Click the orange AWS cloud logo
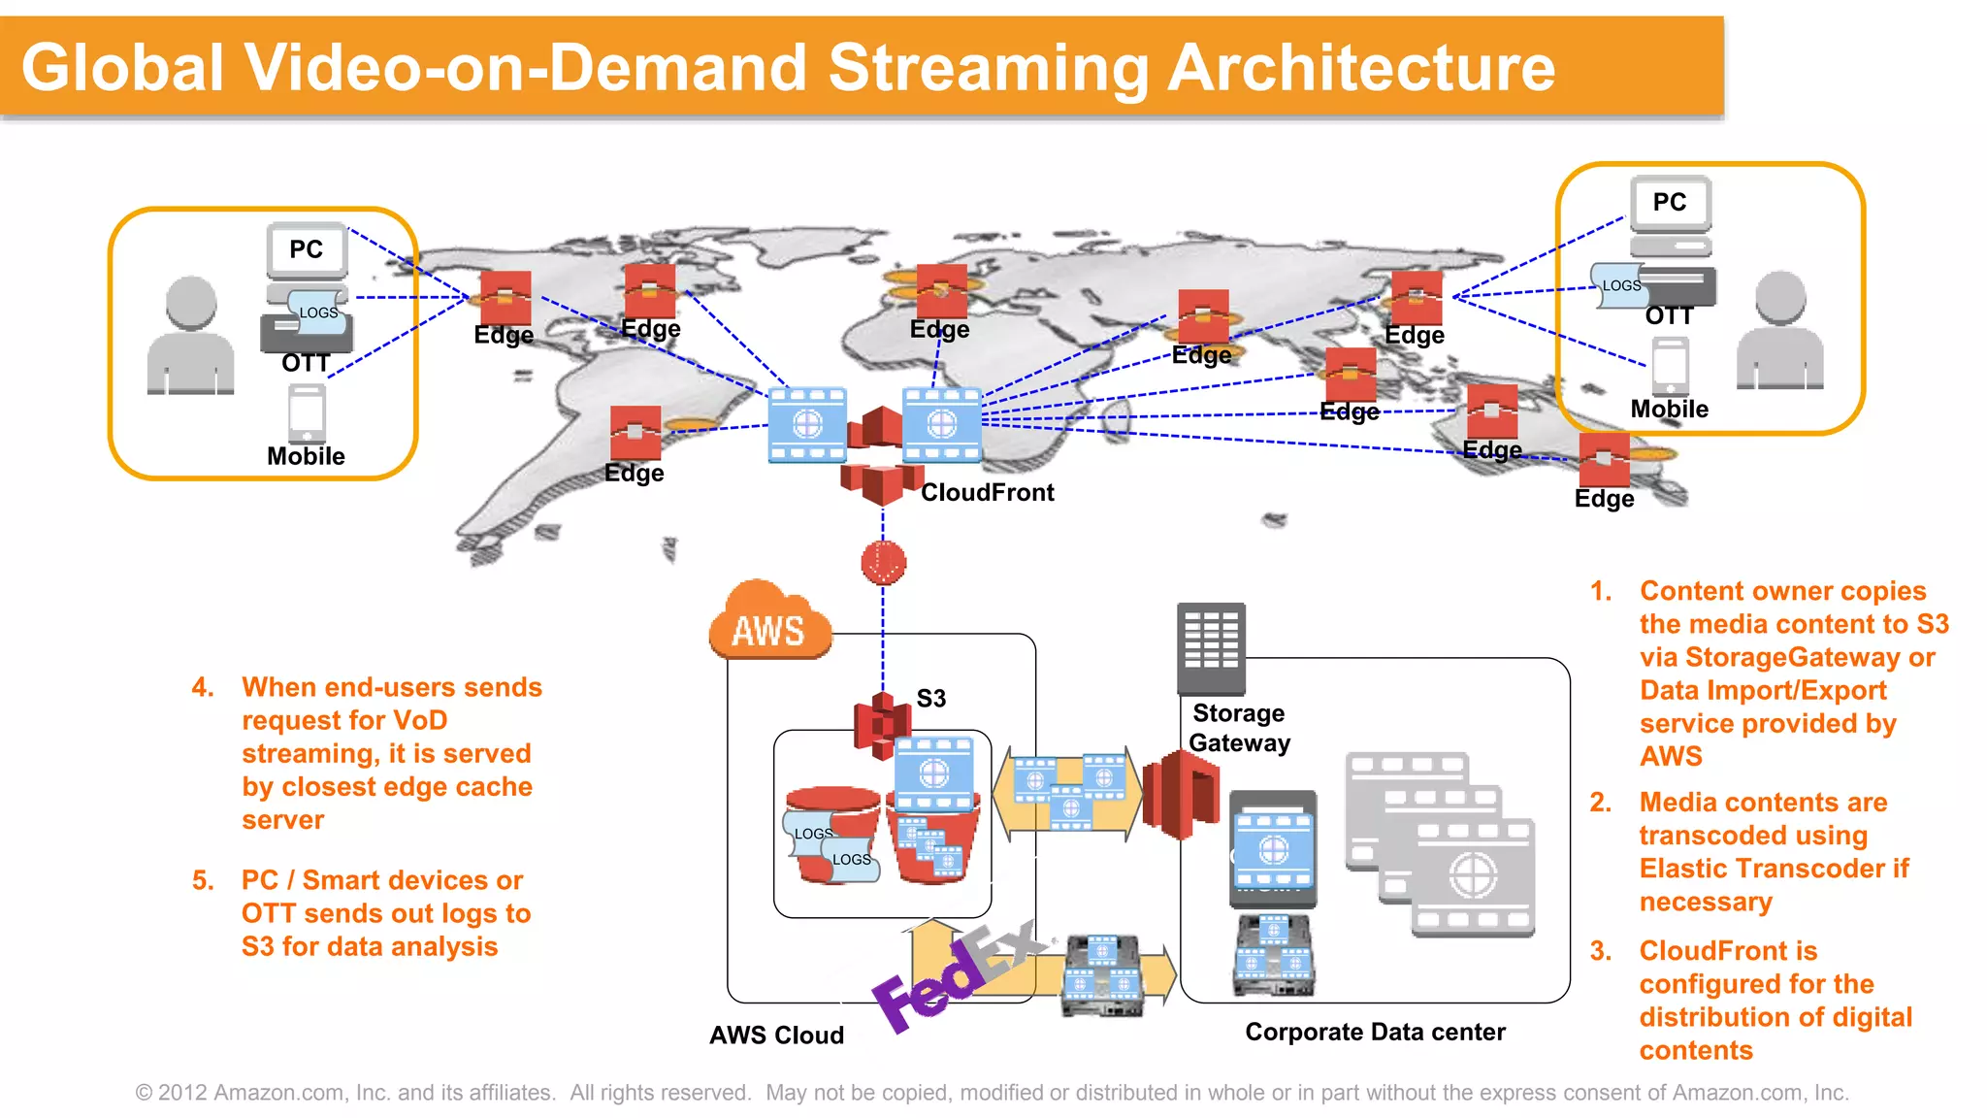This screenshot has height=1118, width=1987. click(x=769, y=623)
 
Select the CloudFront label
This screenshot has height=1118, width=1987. click(x=987, y=493)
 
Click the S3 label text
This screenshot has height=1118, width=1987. click(x=930, y=699)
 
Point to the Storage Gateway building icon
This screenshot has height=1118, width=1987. click(x=1211, y=648)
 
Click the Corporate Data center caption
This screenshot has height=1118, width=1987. click(x=1375, y=1033)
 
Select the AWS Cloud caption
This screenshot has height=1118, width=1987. click(x=776, y=1036)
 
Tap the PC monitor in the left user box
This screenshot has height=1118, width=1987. click(x=307, y=250)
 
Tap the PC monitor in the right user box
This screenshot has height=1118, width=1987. click(x=1670, y=203)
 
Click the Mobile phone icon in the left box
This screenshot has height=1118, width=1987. click(x=307, y=413)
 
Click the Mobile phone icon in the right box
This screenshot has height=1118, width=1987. click(x=1670, y=366)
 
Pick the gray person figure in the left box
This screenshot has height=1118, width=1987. click(x=191, y=336)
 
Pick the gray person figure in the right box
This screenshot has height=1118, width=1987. click(x=1780, y=331)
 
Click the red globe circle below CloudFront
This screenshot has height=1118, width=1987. click(x=883, y=562)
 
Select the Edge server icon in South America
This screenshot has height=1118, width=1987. click(x=635, y=433)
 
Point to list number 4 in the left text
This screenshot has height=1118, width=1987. click(x=202, y=687)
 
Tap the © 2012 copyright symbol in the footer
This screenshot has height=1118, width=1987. click(x=145, y=1093)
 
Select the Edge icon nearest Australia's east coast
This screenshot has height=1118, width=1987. click(x=1604, y=459)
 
